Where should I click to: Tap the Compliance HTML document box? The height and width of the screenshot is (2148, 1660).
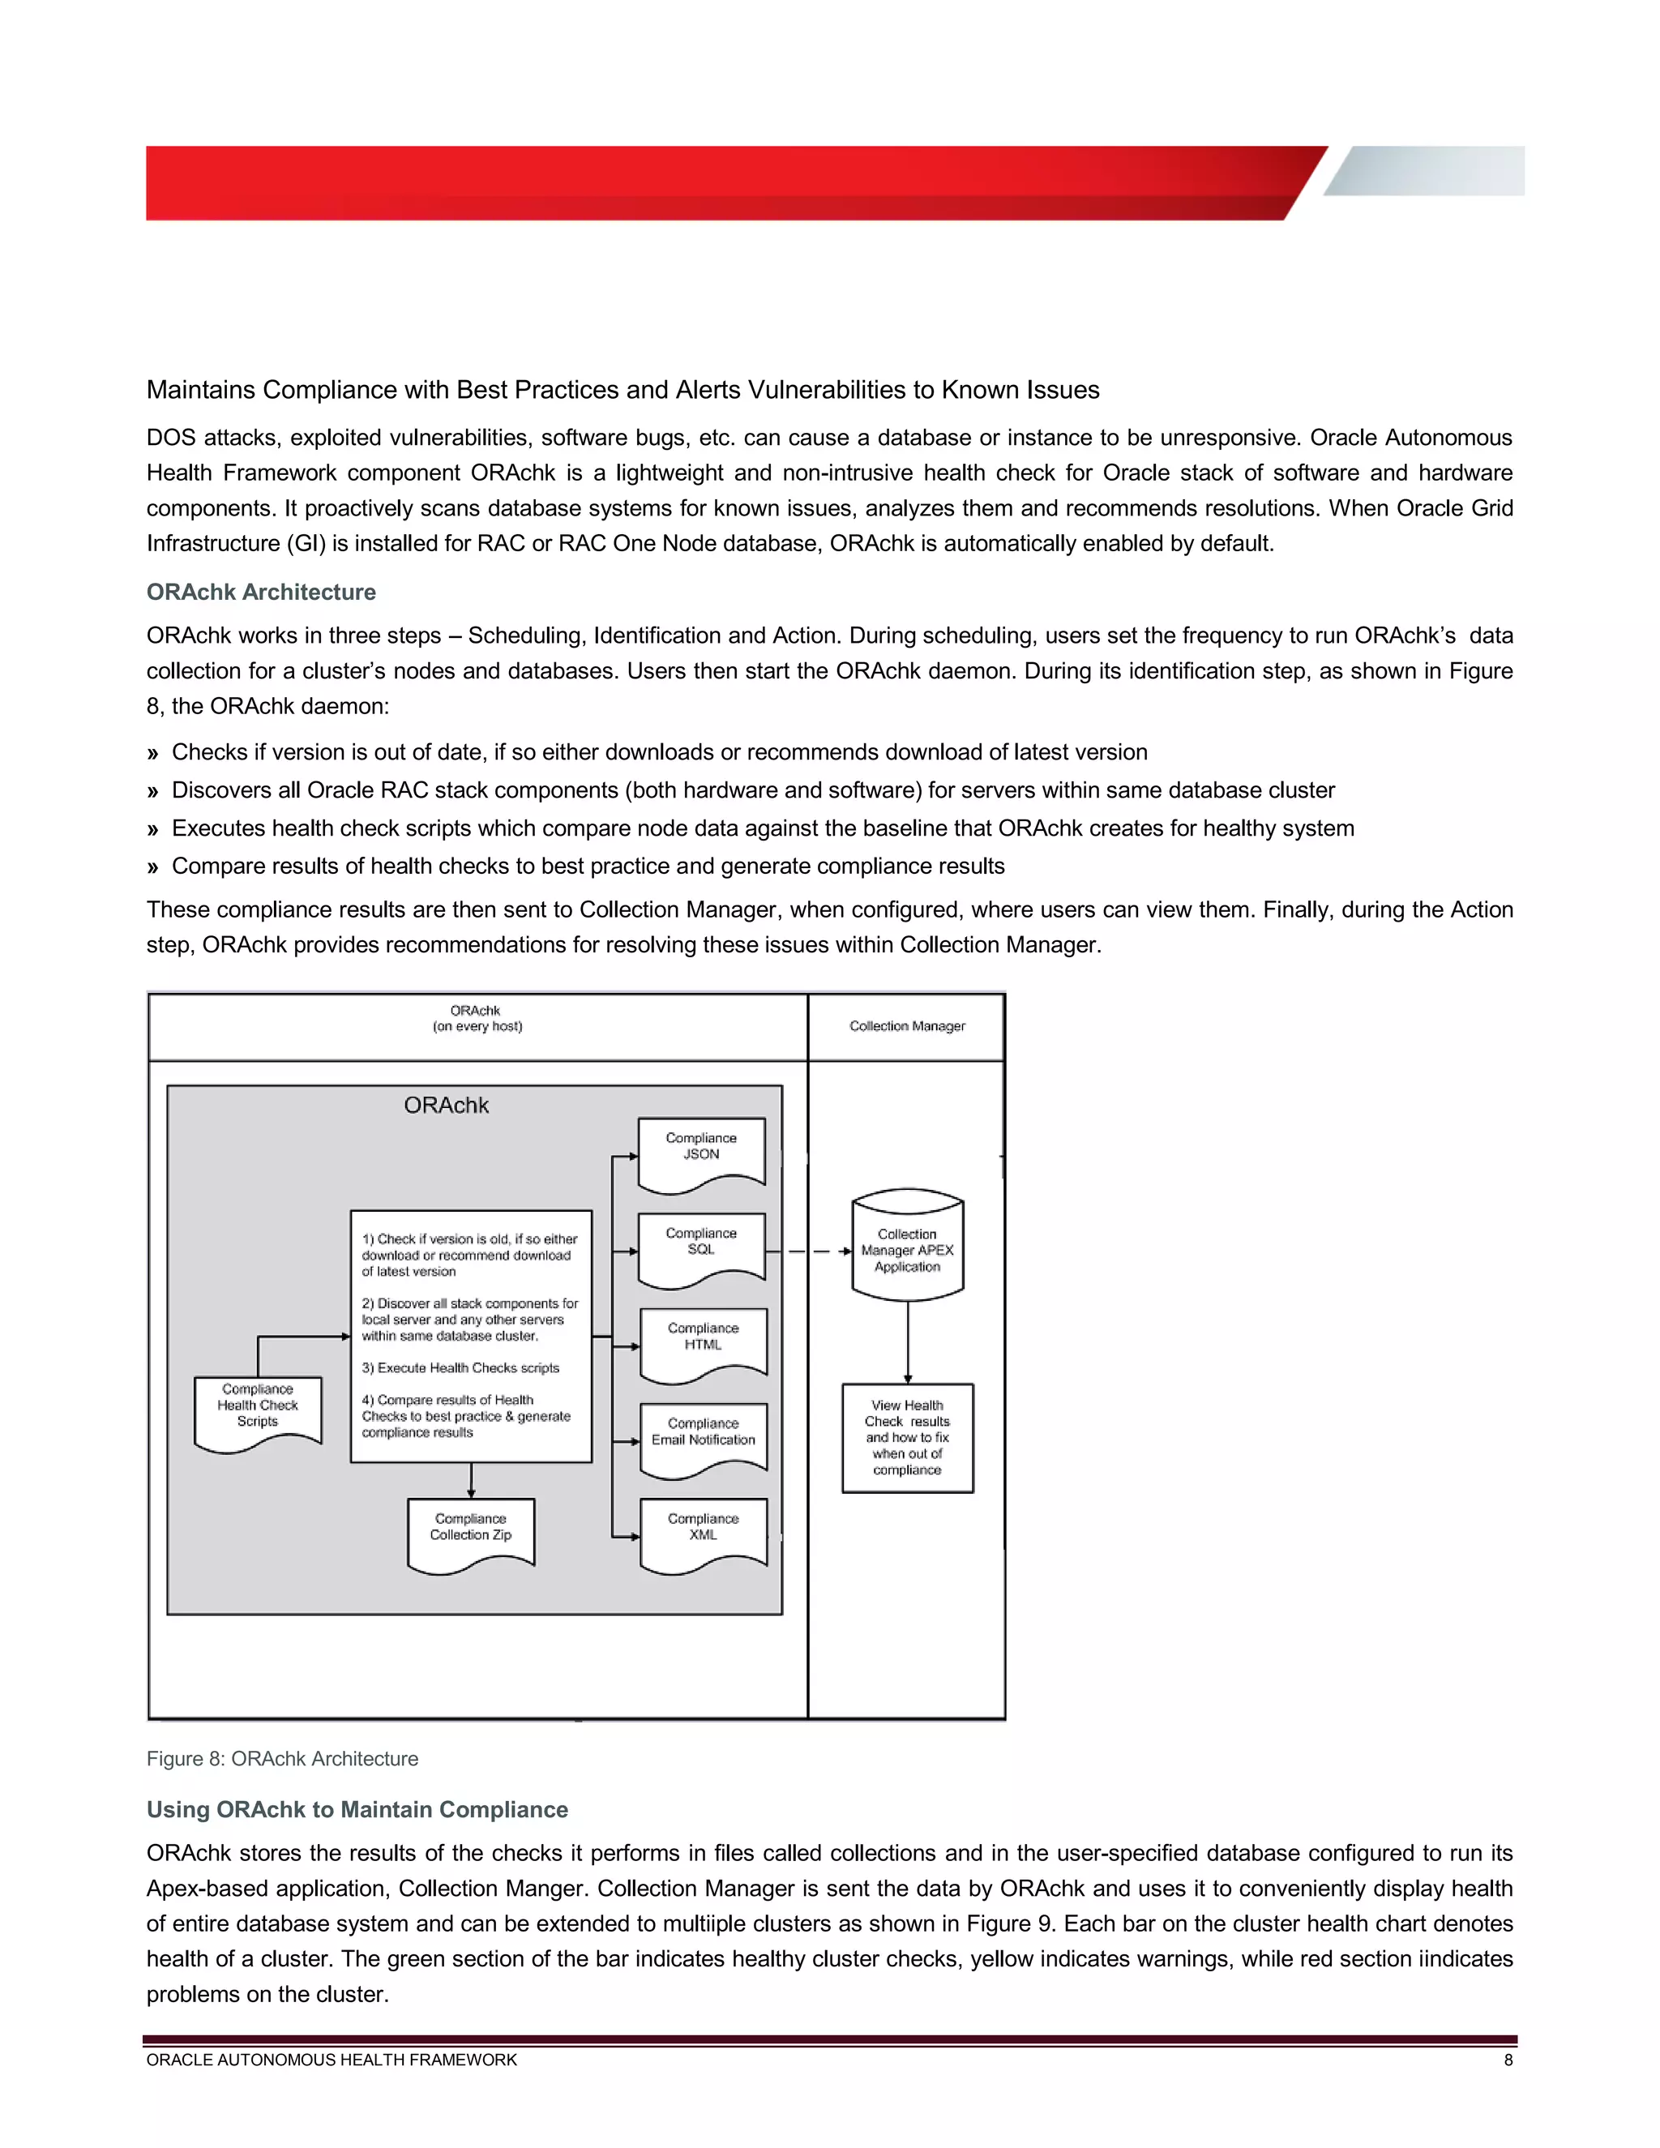click(x=703, y=1341)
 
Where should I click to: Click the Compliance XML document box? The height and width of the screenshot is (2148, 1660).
click(x=703, y=1531)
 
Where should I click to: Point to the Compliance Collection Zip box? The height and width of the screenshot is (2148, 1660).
click(x=471, y=1531)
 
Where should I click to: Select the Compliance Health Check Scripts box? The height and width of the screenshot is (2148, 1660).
click(x=258, y=1410)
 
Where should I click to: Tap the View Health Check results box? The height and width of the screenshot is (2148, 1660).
click(x=907, y=1437)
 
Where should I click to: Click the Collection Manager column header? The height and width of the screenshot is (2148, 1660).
click(x=907, y=1026)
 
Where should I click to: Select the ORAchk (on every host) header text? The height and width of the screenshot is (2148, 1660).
click(x=477, y=1018)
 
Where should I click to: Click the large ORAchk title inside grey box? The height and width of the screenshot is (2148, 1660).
click(x=447, y=1106)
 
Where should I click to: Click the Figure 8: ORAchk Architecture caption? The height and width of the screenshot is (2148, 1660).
click(x=282, y=1759)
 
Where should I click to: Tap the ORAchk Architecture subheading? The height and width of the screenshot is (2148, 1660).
click(x=262, y=592)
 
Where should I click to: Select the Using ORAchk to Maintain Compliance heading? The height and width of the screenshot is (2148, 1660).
click(x=357, y=1810)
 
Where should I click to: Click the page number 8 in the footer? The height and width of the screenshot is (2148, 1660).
click(x=1508, y=2060)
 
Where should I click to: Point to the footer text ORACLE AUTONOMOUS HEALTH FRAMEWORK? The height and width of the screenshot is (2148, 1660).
click(x=332, y=2060)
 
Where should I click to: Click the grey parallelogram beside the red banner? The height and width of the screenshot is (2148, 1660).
click(x=1426, y=171)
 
